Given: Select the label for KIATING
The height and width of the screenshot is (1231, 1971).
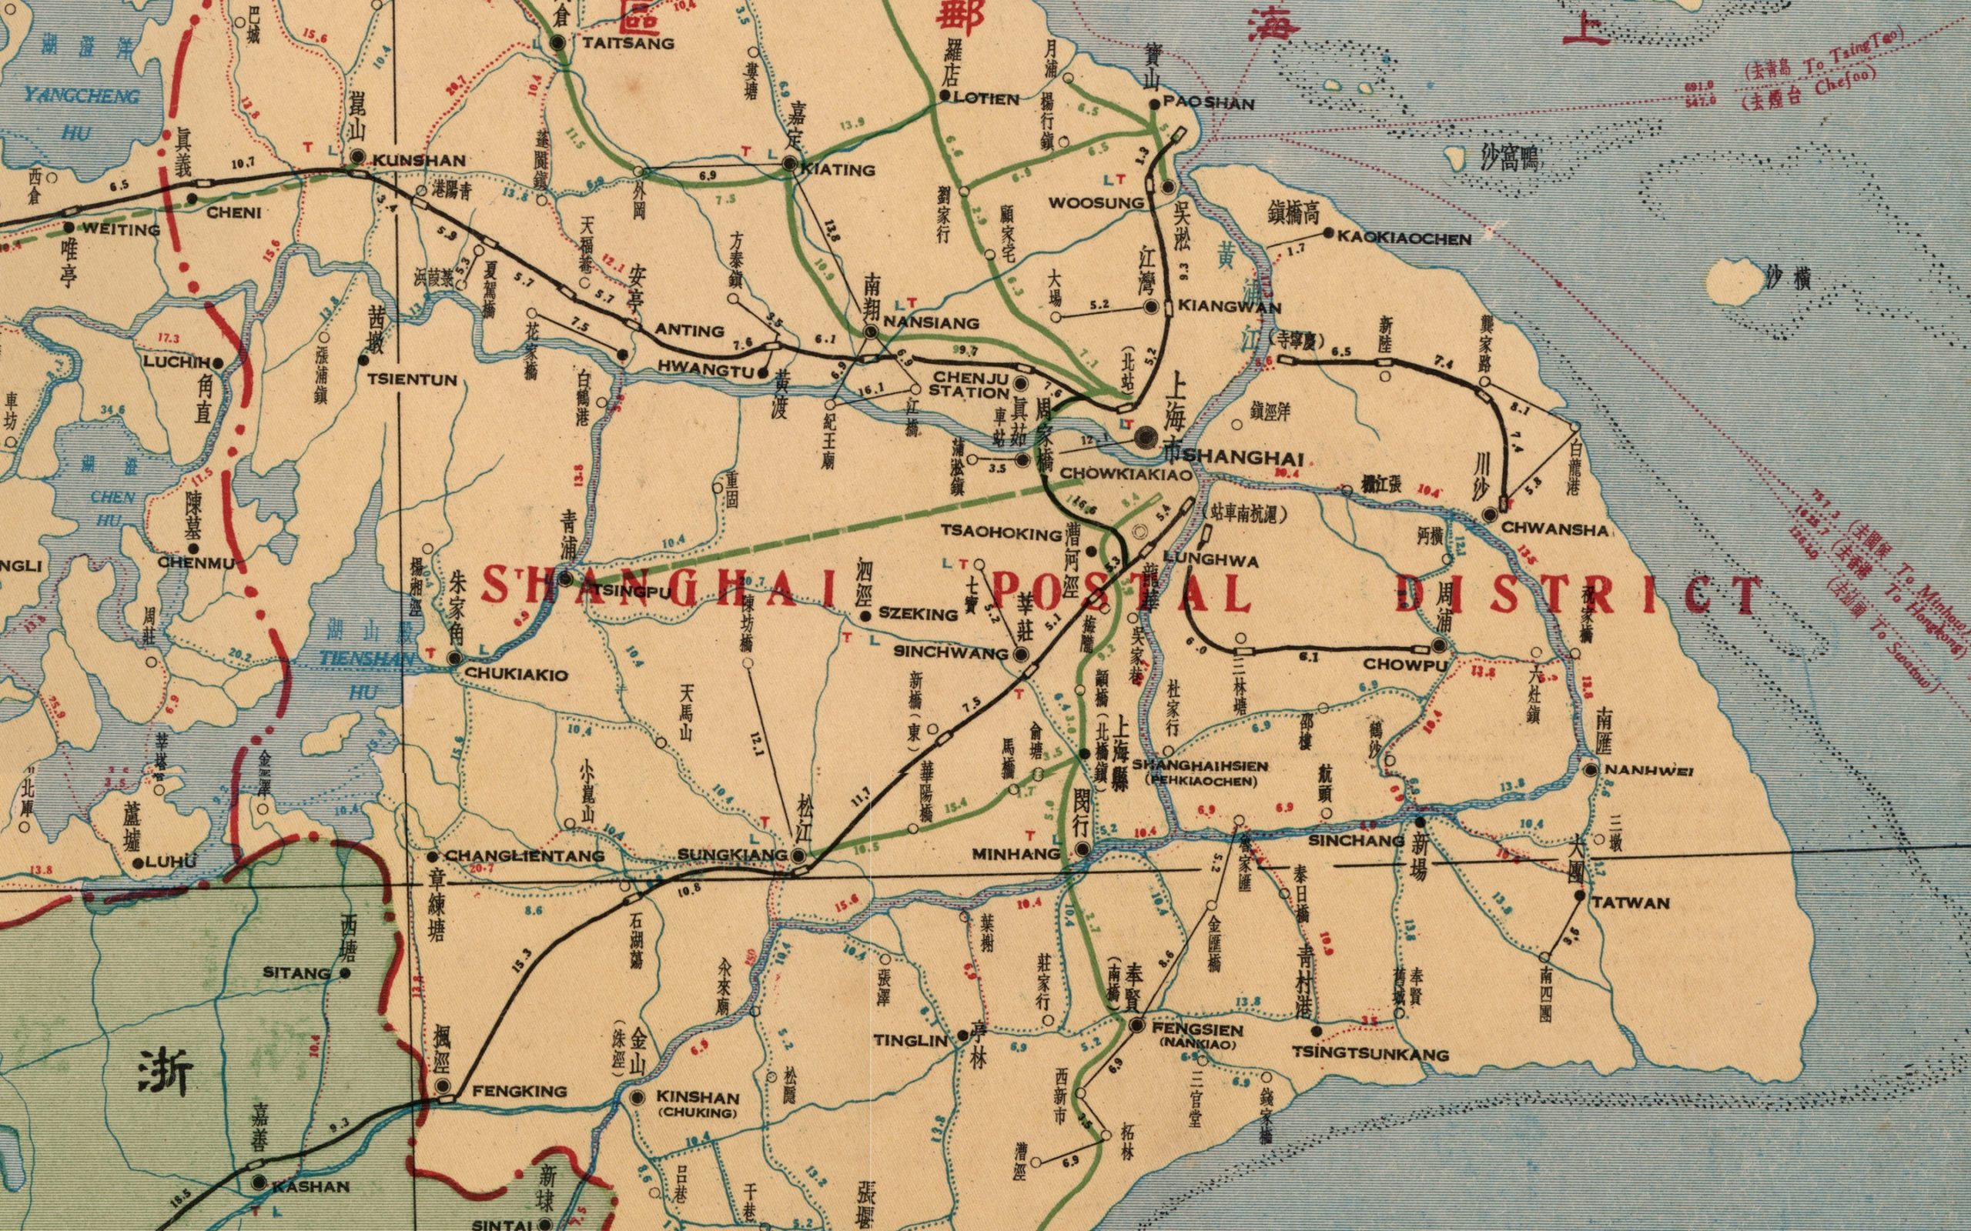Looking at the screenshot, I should (x=838, y=169).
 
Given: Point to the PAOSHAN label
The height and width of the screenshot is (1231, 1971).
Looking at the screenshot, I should (x=1209, y=104).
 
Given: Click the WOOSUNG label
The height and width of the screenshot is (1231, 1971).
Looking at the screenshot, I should (x=1096, y=202).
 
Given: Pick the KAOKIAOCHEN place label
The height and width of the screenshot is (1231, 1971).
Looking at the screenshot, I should (x=1404, y=239).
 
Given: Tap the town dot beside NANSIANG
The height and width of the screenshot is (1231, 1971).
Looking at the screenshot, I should (x=872, y=332).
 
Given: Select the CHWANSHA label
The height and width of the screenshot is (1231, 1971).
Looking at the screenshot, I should (x=1554, y=529).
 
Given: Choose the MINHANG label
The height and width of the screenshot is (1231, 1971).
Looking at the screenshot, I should (x=1016, y=854).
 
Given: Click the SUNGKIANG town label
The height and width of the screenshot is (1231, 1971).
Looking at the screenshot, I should (x=732, y=855).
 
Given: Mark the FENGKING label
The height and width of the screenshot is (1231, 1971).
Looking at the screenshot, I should (x=519, y=1091).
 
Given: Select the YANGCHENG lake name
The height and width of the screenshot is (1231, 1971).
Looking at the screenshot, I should (x=82, y=96).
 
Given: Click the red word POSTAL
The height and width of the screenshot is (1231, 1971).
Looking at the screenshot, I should (x=1121, y=594).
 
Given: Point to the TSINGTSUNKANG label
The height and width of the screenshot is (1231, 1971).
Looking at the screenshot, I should (x=1370, y=1054).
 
